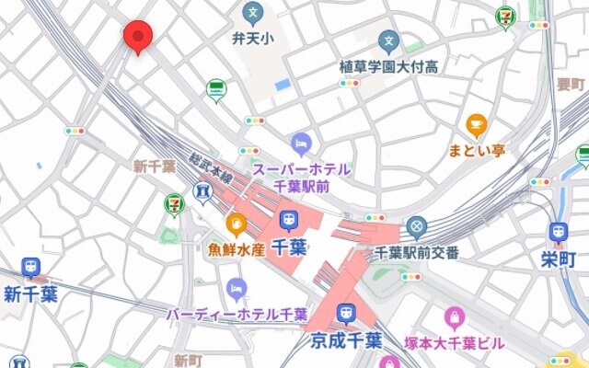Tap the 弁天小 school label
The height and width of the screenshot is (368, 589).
(x=252, y=39)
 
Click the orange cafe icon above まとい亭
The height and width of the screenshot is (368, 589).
(x=476, y=124)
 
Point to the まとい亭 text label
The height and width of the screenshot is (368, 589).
(x=476, y=150)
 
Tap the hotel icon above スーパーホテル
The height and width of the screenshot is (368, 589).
(x=301, y=144)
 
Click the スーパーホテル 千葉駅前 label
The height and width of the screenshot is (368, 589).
(x=301, y=177)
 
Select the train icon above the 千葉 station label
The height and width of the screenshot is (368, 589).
(x=289, y=221)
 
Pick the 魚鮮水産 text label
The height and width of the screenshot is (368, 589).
(x=236, y=248)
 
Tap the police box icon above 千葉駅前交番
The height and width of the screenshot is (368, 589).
(x=417, y=225)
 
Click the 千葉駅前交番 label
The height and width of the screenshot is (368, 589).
(x=417, y=251)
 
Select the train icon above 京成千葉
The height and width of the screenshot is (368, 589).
(x=345, y=313)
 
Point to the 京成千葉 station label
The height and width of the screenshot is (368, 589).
(x=345, y=340)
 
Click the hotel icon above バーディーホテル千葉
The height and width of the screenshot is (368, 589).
(x=237, y=289)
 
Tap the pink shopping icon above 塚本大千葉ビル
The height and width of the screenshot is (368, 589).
(x=454, y=318)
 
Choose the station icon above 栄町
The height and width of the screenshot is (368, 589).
(x=558, y=233)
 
